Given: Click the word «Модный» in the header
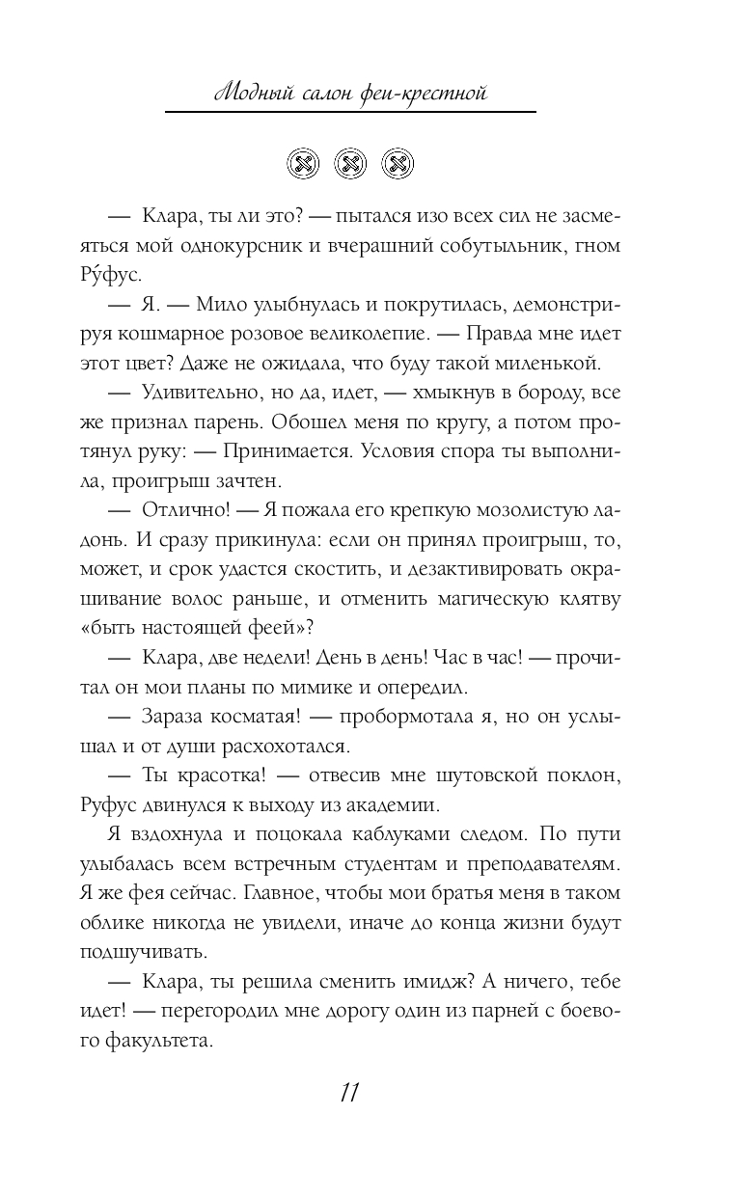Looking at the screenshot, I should pyautogui.click(x=250, y=94).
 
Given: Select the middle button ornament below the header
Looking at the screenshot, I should pyautogui.click(x=351, y=164).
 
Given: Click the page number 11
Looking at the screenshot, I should pyautogui.click(x=349, y=1094).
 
